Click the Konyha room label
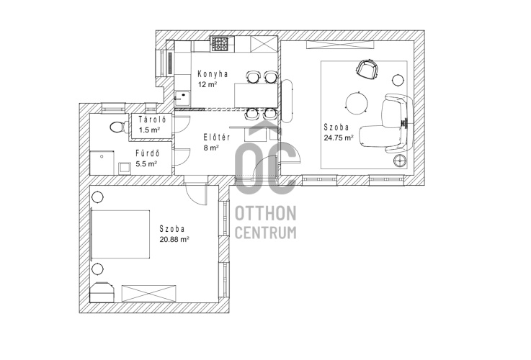pyautogui.click(x=213, y=73)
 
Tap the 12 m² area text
pyautogui.click(x=208, y=84)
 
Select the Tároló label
pyautogui.click(x=152, y=120)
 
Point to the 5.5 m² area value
pyautogui.click(x=146, y=164)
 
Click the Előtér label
pyautogui.click(x=217, y=138)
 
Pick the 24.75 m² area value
pyautogui.click(x=339, y=138)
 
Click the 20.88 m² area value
pyautogui.click(x=174, y=239)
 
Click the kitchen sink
pyautogui.click(x=182, y=97)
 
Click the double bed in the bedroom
pyautogui.click(x=120, y=235)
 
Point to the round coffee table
pyautogui.click(x=356, y=102)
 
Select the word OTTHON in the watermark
pyautogui.click(x=265, y=214)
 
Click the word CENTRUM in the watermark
pyautogui.click(x=265, y=233)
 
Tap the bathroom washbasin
pyautogui.click(x=124, y=168)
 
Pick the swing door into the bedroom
pyautogui.click(x=196, y=194)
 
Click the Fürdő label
pyautogui.click(x=147, y=153)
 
